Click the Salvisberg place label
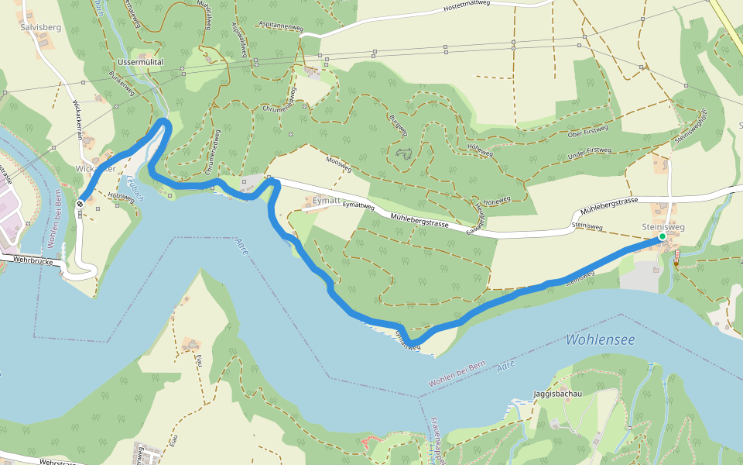40,27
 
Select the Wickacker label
96,168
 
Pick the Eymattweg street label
358,207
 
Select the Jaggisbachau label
557,394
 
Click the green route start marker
663,236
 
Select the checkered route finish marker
80,204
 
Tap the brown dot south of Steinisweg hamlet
676,263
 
